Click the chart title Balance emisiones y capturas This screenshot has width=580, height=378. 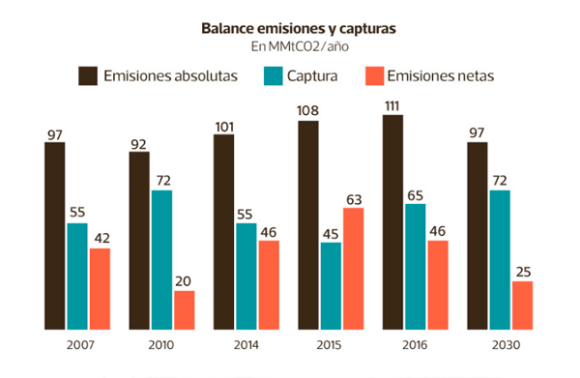(x=299, y=28)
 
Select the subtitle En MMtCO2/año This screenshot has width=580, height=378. (x=300, y=46)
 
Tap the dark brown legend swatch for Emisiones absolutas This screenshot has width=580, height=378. (x=88, y=75)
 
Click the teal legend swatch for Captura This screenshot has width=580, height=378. (x=274, y=75)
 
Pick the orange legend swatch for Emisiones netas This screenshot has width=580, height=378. (x=375, y=75)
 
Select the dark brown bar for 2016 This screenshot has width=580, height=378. (x=392, y=222)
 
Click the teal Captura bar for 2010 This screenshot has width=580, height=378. (x=162, y=260)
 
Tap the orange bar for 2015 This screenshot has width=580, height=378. (x=353, y=269)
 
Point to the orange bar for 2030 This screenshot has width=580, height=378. (x=522, y=305)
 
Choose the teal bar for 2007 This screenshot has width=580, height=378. (x=77, y=276)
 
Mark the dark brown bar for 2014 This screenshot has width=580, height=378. (x=224, y=232)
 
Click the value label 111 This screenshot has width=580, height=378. (x=392, y=106)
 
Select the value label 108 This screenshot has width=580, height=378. (x=307, y=110)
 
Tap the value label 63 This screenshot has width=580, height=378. (x=354, y=200)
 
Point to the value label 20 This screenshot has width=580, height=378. (x=183, y=281)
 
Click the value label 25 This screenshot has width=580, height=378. (x=523, y=273)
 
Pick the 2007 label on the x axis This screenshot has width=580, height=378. (x=80, y=345)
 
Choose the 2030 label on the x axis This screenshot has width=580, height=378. (x=506, y=345)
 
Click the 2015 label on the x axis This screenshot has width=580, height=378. (x=329, y=345)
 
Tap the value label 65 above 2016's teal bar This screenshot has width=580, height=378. (x=415, y=195)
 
